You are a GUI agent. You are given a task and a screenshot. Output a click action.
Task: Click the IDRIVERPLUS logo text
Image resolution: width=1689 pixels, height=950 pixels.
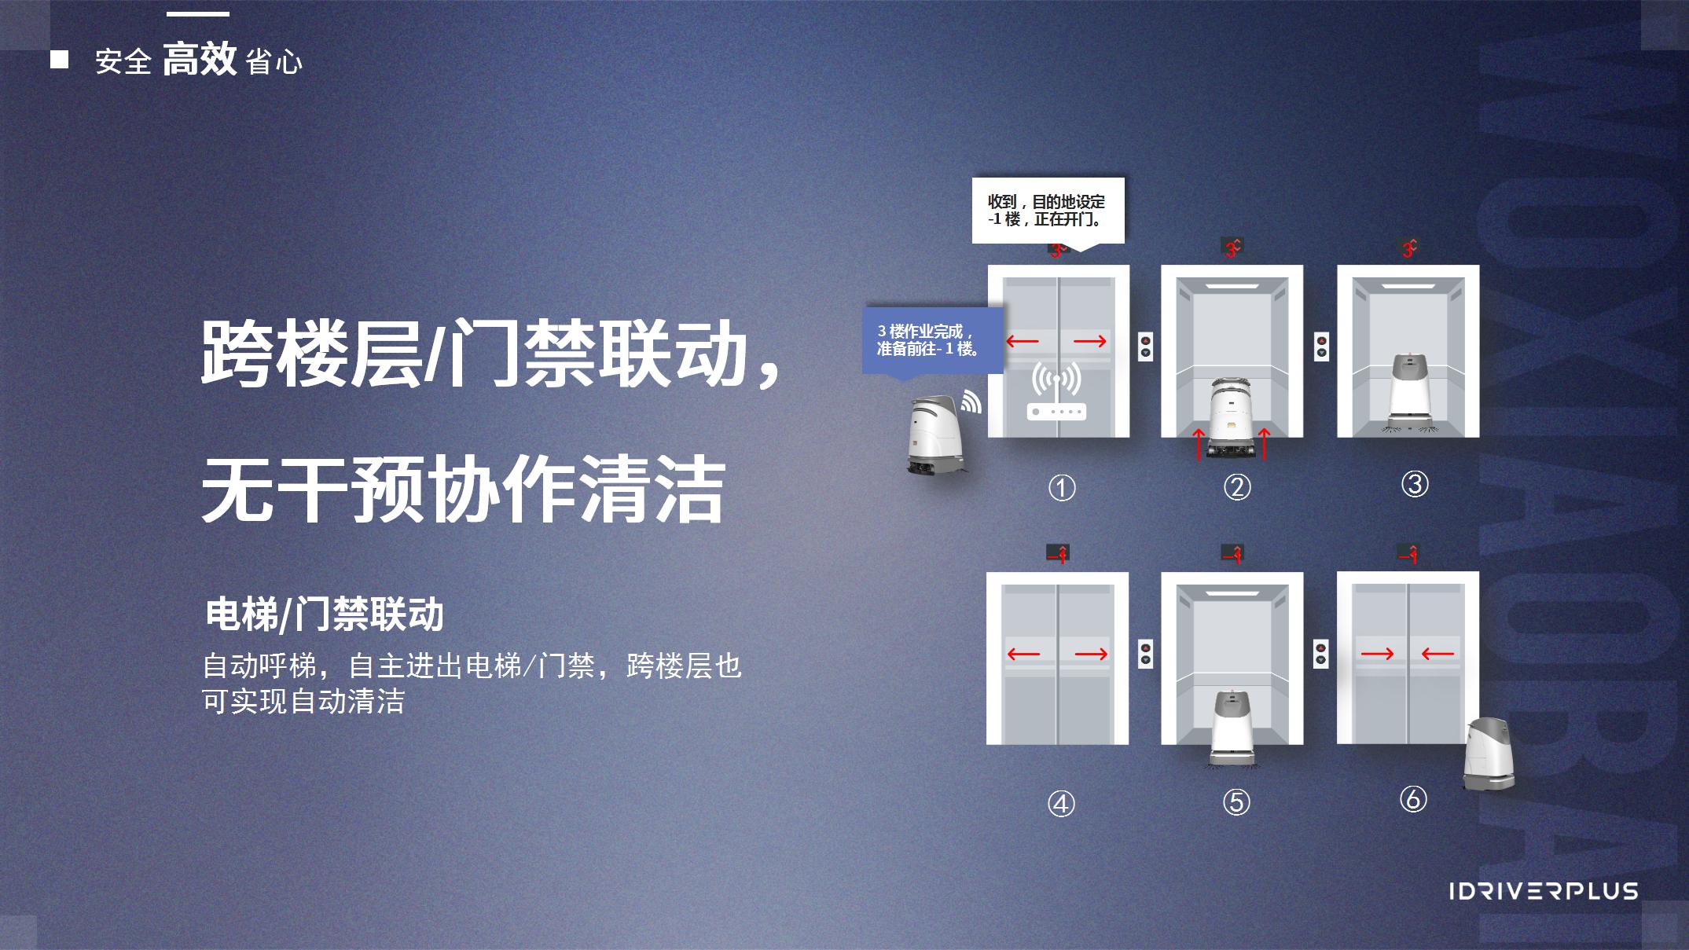coord(1544,891)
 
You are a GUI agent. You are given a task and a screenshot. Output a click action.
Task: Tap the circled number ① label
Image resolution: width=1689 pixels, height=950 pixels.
coord(1062,488)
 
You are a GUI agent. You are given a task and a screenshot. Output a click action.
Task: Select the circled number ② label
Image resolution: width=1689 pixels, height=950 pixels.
coord(1237,487)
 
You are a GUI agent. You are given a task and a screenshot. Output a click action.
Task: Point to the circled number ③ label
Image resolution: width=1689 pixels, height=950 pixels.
coord(1415,484)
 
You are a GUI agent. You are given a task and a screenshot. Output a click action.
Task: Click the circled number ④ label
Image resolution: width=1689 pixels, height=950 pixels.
coord(1061,803)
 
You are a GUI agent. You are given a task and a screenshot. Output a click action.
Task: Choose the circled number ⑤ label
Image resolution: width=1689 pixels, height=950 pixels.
coord(1236,801)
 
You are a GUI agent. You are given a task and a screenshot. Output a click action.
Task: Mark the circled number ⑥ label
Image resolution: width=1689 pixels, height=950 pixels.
coord(1413,799)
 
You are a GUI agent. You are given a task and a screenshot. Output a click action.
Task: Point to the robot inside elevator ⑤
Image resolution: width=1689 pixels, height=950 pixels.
coord(1232,727)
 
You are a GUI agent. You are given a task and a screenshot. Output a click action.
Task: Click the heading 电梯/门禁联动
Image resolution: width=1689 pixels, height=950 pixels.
coord(325,614)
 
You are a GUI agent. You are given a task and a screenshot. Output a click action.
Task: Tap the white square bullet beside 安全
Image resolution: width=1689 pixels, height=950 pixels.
coord(59,60)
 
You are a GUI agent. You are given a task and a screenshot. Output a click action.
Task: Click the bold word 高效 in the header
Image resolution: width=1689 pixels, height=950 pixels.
coord(199,59)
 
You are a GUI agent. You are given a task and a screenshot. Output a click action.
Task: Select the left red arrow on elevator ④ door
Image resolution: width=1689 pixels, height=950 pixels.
coord(1023,654)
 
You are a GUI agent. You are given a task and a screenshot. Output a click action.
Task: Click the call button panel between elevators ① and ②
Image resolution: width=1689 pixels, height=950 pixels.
coord(1146,347)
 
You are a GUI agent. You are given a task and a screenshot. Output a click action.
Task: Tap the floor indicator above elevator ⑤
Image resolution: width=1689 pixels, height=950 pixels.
coord(1232,553)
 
